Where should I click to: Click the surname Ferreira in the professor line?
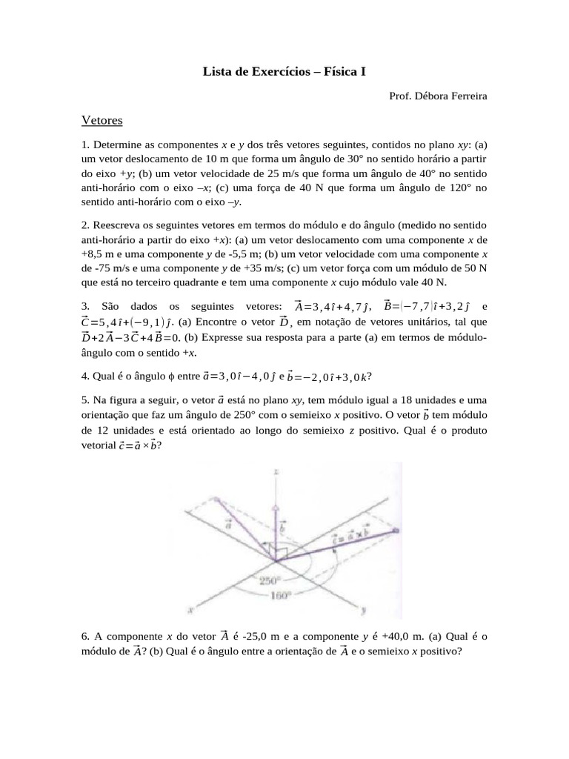point(464,96)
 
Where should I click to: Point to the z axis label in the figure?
point(276,471)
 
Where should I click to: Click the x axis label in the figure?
point(192,611)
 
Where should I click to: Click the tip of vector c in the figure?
point(396,531)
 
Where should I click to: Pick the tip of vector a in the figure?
point(216,498)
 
